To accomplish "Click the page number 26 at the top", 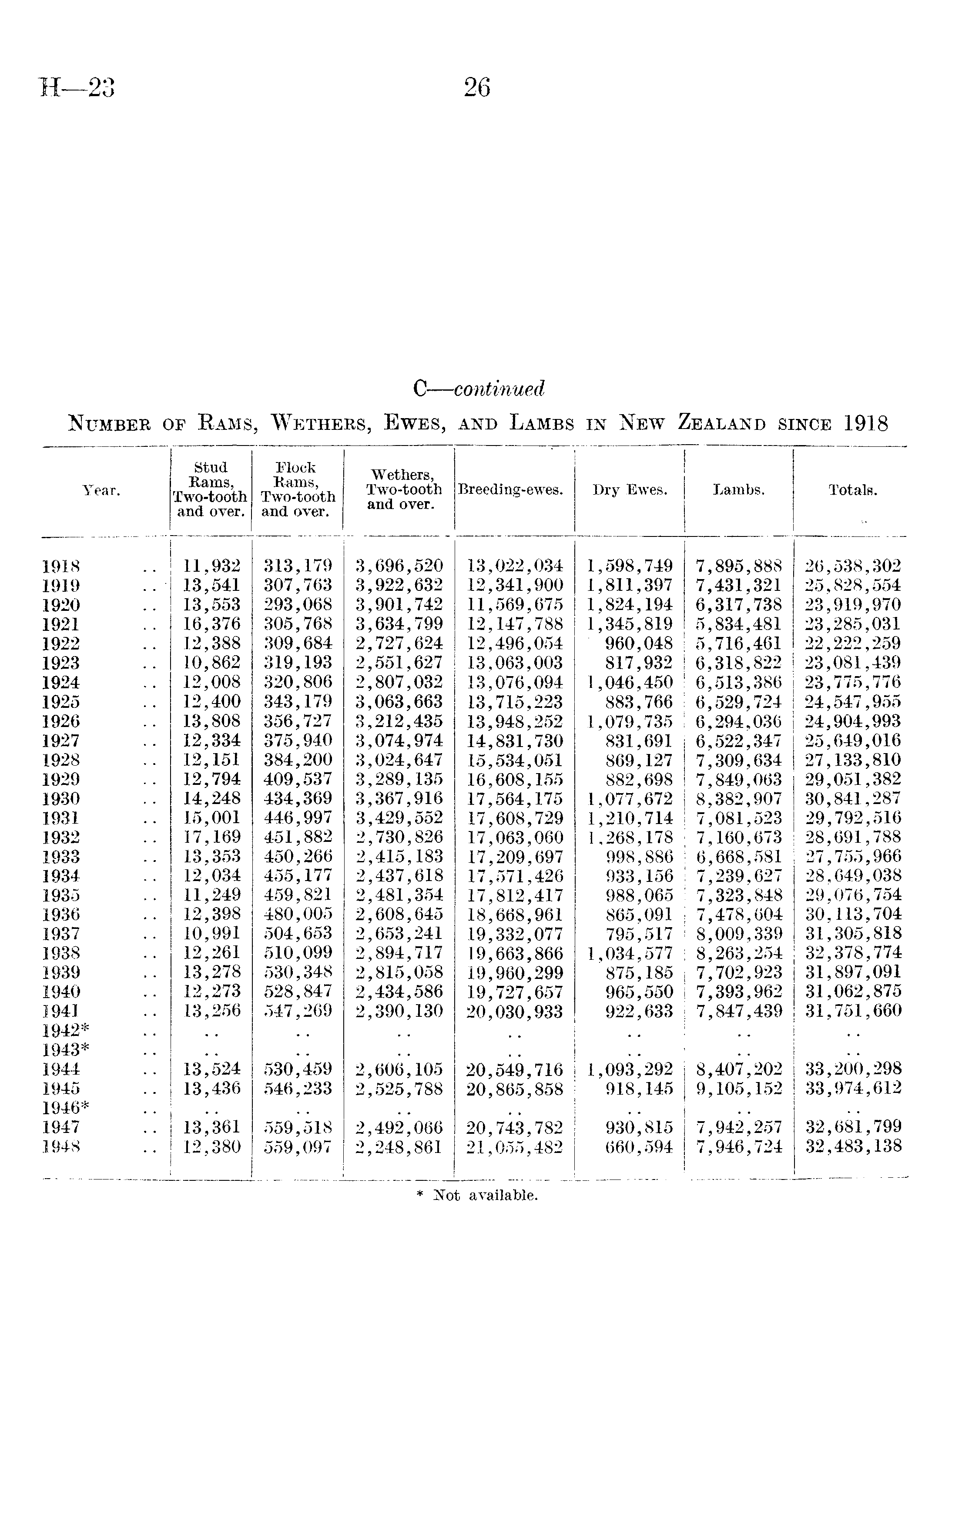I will click(477, 87).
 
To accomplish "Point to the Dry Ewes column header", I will click(630, 490).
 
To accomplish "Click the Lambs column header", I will click(739, 490).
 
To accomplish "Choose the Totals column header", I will click(853, 490).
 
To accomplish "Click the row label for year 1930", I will click(61, 799).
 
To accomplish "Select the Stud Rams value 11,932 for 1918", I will click(212, 566).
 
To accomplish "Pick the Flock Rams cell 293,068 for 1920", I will click(298, 604).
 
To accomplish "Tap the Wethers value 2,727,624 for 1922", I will click(399, 643).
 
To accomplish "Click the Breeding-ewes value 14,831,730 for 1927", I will click(515, 741).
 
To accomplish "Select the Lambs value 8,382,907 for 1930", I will click(739, 799).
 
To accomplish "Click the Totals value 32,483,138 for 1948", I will click(853, 1147).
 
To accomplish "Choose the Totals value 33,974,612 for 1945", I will click(853, 1089).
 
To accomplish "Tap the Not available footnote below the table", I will click(485, 1196).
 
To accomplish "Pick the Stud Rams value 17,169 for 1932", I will click(212, 838).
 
